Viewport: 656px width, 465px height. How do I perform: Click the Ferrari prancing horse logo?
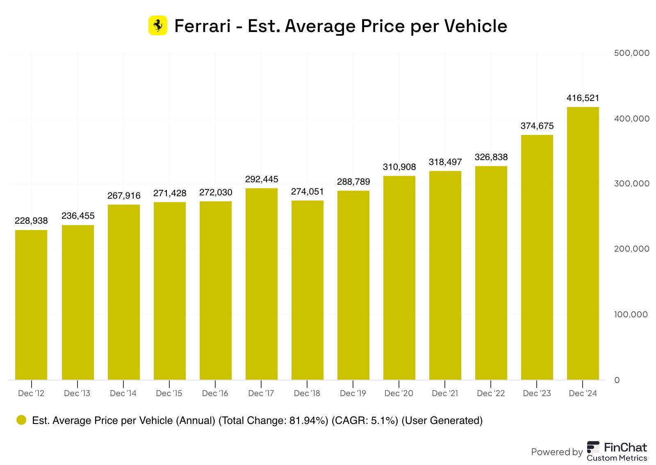(x=158, y=25)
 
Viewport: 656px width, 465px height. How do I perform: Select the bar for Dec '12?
(x=31, y=305)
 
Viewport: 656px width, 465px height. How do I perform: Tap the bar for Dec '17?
(x=262, y=284)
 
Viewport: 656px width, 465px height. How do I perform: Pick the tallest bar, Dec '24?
(x=583, y=243)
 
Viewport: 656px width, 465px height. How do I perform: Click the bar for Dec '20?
(x=399, y=277)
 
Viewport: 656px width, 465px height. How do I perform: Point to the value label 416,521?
(x=583, y=98)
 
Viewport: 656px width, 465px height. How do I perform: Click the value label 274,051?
(x=307, y=192)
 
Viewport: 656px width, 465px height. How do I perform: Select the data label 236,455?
(x=78, y=216)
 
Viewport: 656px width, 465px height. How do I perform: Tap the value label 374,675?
(x=537, y=126)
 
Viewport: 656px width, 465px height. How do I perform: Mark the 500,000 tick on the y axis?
(x=632, y=53)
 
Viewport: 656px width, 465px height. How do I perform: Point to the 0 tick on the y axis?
(x=617, y=380)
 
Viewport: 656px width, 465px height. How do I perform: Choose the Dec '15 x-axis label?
(x=169, y=393)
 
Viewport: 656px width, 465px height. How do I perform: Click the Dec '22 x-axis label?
(x=491, y=393)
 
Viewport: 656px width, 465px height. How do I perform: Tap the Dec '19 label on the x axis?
(x=353, y=393)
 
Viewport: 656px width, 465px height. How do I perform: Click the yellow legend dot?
(x=21, y=420)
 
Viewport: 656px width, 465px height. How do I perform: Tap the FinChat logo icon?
(x=593, y=447)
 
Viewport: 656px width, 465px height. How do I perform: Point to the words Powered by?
(x=557, y=452)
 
